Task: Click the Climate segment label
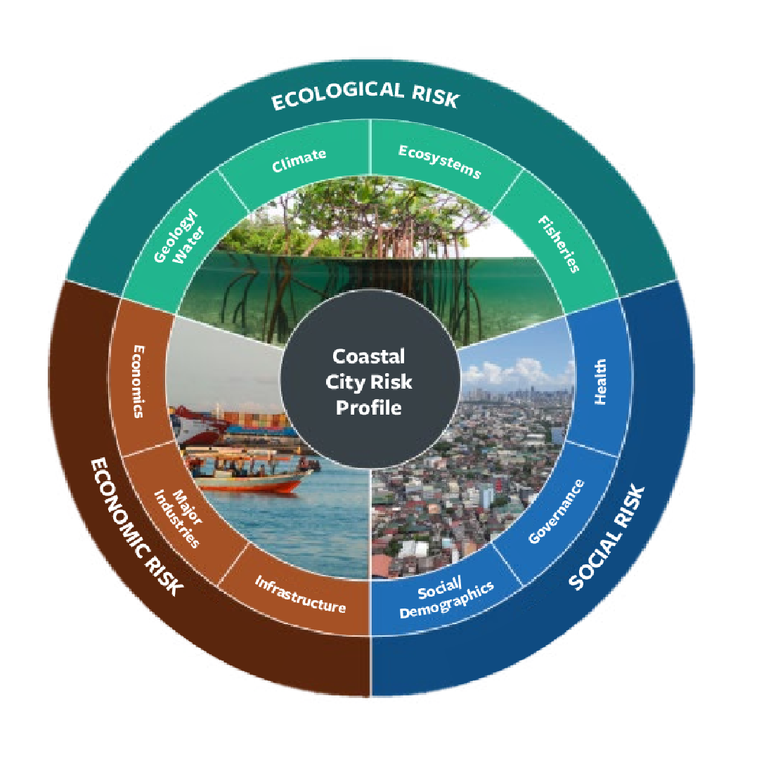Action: click(x=299, y=160)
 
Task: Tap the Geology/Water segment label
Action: click(x=177, y=239)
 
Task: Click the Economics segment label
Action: click(x=138, y=380)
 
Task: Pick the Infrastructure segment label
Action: click(x=300, y=594)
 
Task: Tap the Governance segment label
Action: click(x=556, y=512)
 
